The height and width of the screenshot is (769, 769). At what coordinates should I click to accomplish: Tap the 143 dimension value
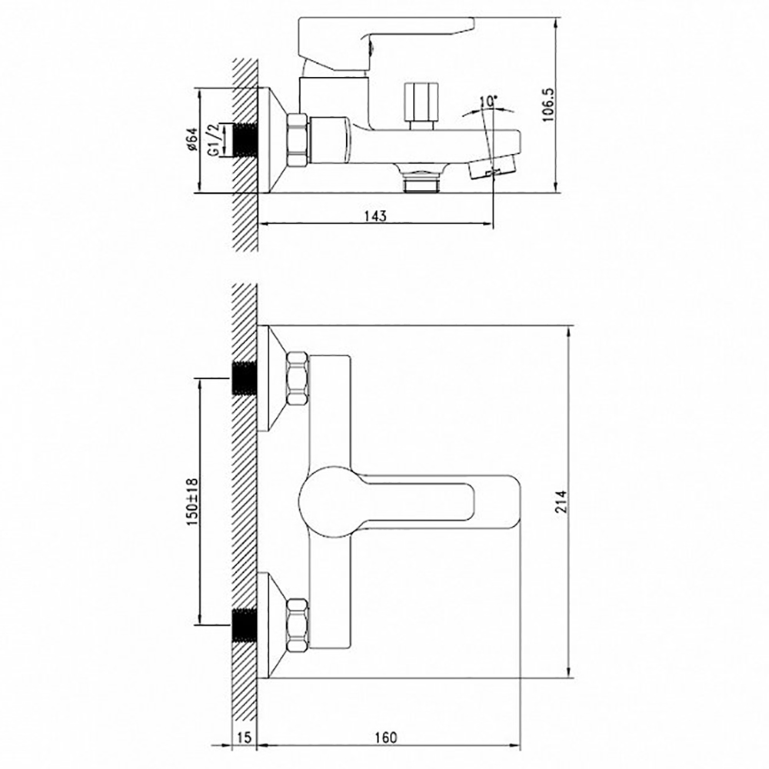(376, 216)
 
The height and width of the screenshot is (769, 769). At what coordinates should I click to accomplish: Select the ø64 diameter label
(191, 139)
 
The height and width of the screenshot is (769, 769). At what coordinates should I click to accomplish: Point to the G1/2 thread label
(215, 140)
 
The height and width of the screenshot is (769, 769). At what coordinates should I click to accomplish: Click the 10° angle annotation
(488, 102)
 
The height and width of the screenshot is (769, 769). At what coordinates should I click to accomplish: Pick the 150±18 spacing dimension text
(192, 501)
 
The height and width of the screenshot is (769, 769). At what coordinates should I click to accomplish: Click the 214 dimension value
(561, 501)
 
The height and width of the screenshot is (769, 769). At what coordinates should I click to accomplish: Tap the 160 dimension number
(385, 737)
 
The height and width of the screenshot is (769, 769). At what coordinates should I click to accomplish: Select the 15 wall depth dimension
(245, 737)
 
